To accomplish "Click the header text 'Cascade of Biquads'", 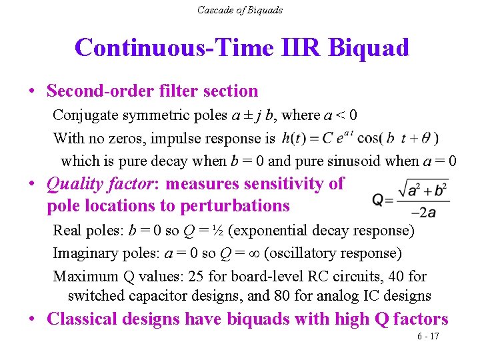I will coord(239,10).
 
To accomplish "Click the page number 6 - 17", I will coord(428,336).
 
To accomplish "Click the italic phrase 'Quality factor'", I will coord(103,183).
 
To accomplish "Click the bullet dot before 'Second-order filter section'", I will coord(33,91).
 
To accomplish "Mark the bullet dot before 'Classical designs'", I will coord(33,319).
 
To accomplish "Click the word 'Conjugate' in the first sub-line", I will coord(83,115).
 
